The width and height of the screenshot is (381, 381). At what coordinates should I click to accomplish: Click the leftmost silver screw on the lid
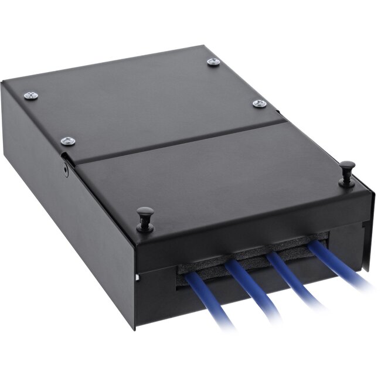[x=31, y=95]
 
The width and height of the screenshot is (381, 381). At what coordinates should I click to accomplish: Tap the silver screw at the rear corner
[x=213, y=62]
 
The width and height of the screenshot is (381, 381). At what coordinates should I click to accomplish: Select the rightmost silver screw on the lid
[x=259, y=104]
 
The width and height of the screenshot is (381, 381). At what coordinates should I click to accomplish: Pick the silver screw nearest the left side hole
[x=68, y=141]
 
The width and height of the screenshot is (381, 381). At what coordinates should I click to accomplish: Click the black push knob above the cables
[x=145, y=218]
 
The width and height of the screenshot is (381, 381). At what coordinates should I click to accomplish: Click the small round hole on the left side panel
[x=66, y=171]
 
